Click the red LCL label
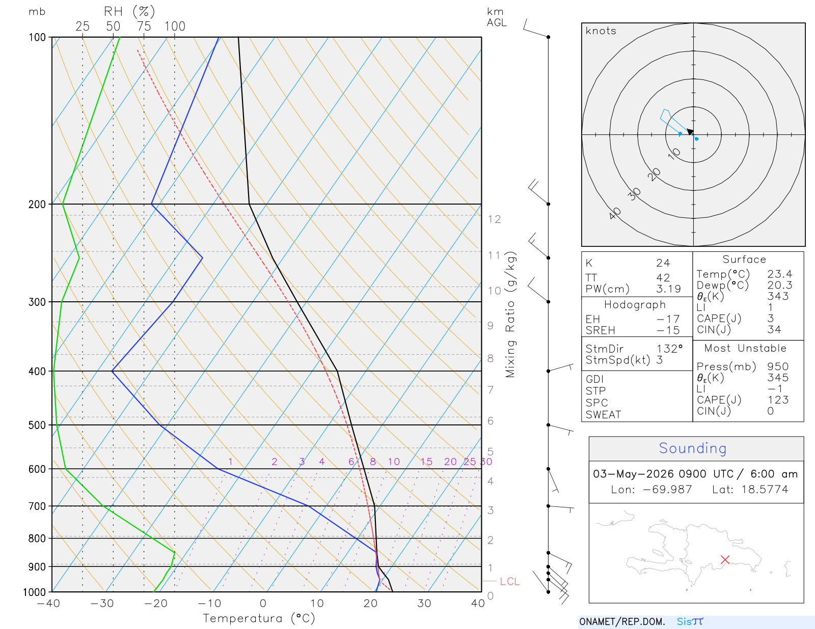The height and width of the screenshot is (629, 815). pyautogui.click(x=509, y=581)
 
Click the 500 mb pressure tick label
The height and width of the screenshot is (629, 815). pyautogui.click(x=37, y=425)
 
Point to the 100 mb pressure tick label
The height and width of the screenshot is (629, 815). pyautogui.click(x=37, y=38)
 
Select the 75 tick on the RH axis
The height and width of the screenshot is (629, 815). pyautogui.click(x=144, y=26)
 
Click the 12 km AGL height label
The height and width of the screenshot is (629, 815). pyautogui.click(x=494, y=219)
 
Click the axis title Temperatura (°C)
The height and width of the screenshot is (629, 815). pyautogui.click(x=259, y=618)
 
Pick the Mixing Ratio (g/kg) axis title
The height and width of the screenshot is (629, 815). pyautogui.click(x=510, y=314)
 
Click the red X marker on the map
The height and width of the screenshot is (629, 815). pyautogui.click(x=725, y=559)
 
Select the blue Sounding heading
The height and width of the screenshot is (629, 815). pyautogui.click(x=692, y=448)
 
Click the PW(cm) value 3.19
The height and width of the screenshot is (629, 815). pyautogui.click(x=668, y=289)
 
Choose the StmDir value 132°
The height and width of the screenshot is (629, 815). pyautogui.click(x=669, y=349)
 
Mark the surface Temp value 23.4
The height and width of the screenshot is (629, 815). pyautogui.click(x=779, y=274)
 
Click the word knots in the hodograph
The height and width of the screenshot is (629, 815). pyautogui.click(x=601, y=31)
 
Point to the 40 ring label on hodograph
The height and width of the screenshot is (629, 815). pyautogui.click(x=615, y=213)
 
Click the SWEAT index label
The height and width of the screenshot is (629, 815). pyautogui.click(x=603, y=415)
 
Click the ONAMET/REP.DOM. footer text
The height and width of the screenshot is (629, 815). pyautogui.click(x=622, y=621)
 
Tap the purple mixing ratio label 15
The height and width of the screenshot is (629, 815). pyautogui.click(x=426, y=462)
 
